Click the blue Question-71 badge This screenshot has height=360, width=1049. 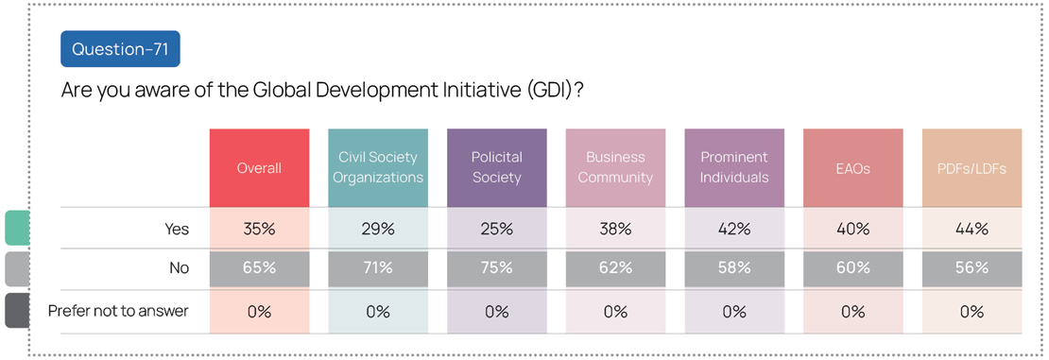[120, 49]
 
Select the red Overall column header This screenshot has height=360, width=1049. [260, 168]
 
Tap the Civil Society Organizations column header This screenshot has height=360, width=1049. [378, 168]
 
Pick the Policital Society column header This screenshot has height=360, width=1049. [497, 168]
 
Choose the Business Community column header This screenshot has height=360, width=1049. [615, 168]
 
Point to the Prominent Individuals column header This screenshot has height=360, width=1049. [734, 168]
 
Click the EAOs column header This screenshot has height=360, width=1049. [853, 168]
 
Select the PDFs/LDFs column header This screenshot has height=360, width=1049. [972, 168]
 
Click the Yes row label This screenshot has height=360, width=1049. [177, 229]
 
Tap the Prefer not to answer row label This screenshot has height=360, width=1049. [119, 311]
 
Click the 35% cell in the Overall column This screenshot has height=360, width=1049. [260, 229]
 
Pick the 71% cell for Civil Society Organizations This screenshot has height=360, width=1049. [378, 268]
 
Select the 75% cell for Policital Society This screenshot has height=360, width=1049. [497, 268]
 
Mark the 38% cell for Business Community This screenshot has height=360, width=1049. [615, 229]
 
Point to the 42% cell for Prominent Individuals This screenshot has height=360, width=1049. [734, 229]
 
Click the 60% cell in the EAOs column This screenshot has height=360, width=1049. [853, 268]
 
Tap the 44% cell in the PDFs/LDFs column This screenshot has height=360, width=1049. [972, 229]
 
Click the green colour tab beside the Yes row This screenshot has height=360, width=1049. [17, 228]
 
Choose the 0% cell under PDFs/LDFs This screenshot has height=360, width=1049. [972, 311]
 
